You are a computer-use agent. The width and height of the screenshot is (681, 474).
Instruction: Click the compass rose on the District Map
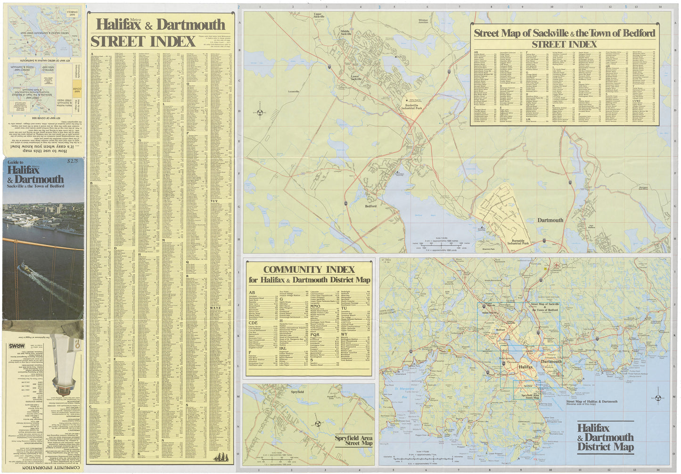pos(658,398)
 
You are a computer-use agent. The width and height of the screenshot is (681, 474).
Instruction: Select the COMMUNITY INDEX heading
pos(309,270)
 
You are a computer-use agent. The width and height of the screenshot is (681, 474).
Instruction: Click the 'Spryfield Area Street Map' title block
pos(353,440)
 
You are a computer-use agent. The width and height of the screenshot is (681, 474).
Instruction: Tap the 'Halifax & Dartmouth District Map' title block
pos(606,438)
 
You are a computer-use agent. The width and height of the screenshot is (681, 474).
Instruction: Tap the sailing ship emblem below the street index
pos(222,457)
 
